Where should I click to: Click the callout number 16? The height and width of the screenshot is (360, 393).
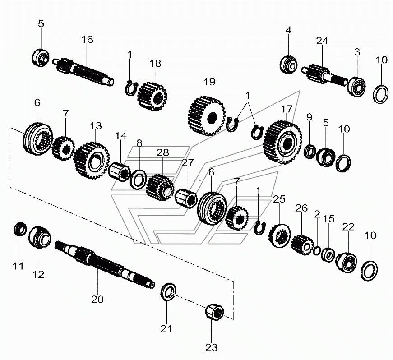click(87, 39)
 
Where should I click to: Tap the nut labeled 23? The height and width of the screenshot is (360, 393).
click(215, 312)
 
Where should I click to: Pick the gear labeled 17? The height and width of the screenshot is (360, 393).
click(283, 141)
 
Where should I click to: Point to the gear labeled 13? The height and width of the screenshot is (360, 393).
click(92, 161)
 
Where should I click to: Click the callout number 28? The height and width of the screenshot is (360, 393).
click(162, 152)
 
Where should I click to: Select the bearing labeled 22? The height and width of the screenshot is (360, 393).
click(348, 262)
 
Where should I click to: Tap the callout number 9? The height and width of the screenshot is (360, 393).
click(309, 117)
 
